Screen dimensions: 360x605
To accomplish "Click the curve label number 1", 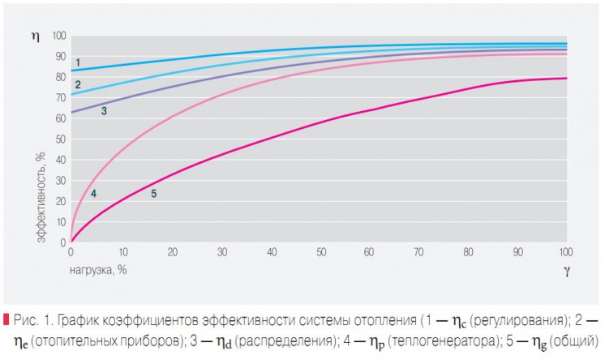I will [78, 62].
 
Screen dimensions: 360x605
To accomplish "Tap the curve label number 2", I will [78, 84].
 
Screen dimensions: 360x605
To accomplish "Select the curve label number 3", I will [104, 110].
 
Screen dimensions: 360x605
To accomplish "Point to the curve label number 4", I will [93, 193].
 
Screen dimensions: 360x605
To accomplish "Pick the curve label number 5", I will [153, 193].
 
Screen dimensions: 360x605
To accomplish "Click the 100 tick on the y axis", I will [58, 36].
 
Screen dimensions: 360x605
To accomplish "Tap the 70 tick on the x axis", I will [418, 253].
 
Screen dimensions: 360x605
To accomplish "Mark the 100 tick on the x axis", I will [565, 253].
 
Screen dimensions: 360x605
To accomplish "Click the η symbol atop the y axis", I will [35, 36].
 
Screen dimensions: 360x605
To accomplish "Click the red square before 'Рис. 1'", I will [6, 315].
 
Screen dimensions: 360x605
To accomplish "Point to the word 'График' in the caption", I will [84, 316].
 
